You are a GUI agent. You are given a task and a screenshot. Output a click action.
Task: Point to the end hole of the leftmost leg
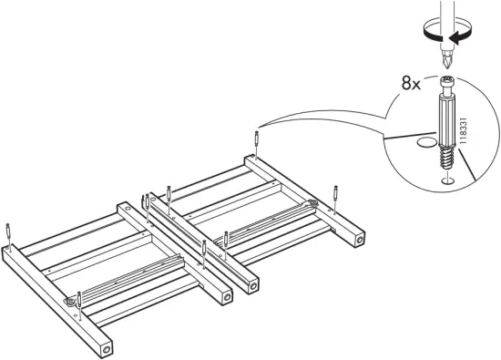107,349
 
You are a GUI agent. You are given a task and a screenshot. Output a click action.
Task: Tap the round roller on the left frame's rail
69,301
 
